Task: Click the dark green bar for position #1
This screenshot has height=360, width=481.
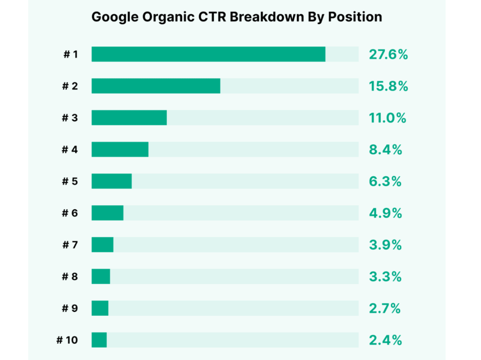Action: [208, 54]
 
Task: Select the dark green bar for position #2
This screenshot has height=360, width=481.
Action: [156, 86]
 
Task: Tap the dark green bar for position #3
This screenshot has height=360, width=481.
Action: [129, 118]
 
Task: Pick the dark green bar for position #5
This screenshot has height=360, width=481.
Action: [112, 181]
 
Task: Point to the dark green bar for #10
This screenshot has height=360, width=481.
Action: [99, 340]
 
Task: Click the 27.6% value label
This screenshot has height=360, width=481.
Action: [388, 54]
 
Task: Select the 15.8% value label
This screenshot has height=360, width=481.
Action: [388, 86]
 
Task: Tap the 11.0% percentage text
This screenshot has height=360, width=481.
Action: [387, 118]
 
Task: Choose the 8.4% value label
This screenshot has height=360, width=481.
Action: [385, 150]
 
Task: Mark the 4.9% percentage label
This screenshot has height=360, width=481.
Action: [385, 213]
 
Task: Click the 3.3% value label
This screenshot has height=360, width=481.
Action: [385, 276]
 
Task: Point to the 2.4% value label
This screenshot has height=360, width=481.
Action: [385, 340]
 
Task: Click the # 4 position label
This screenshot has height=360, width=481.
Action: [70, 150]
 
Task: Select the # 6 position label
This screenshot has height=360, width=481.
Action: [70, 213]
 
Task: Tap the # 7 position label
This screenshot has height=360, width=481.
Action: [70, 245]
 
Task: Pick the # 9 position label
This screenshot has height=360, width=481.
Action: [70, 308]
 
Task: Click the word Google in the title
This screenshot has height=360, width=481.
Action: [111, 17]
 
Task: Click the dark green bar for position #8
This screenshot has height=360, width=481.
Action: [101, 276]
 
